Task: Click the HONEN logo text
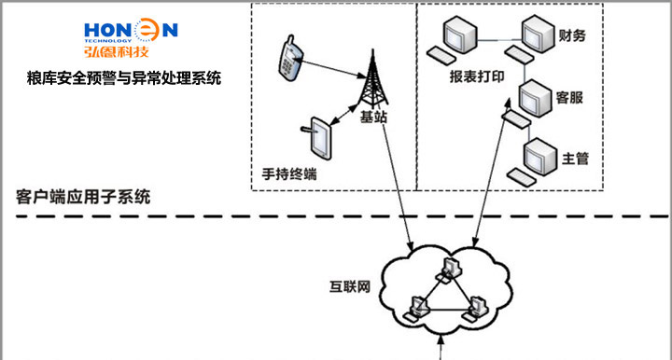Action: coord(131,30)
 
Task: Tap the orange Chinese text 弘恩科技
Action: coord(116,51)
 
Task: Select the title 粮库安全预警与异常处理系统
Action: coord(124,78)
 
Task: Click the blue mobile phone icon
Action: coord(290,58)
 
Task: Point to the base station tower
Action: coord(372,78)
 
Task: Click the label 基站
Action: coord(373,117)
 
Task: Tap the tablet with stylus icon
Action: coord(317,138)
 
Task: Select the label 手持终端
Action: coord(289,174)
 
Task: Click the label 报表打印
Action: coord(477,76)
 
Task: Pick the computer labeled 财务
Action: coord(530,38)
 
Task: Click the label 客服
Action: coord(569,98)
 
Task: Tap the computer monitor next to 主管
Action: coord(540,157)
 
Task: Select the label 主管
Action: coord(575,159)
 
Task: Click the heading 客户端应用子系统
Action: coord(83,197)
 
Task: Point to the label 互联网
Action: coord(350,286)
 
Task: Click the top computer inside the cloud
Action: coord(449,270)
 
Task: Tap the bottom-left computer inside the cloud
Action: coord(415,309)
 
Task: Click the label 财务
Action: coord(572,35)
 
